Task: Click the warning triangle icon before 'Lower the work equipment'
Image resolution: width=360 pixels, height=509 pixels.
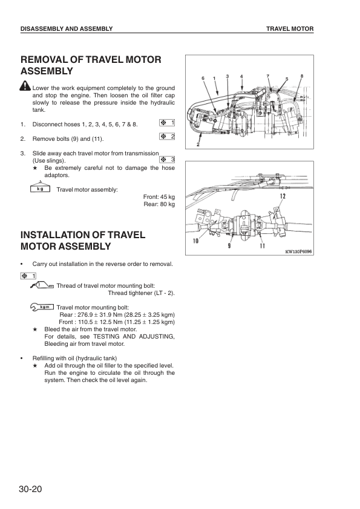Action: click(x=25, y=87)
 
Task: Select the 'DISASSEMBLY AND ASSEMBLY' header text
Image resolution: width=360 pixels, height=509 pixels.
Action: click(x=66, y=29)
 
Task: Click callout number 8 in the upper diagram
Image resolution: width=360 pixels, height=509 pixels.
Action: click(x=301, y=76)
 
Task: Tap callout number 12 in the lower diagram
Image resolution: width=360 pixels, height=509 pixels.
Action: click(x=283, y=196)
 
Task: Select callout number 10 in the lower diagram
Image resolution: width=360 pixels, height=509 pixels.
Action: click(x=195, y=241)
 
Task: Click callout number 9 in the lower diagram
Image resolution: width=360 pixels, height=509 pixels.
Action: click(x=229, y=246)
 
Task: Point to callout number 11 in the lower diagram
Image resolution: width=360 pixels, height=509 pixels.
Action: click(x=262, y=246)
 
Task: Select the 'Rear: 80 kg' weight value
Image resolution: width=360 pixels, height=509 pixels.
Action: click(x=160, y=205)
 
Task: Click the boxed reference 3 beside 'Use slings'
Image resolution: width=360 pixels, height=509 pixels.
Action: click(x=167, y=160)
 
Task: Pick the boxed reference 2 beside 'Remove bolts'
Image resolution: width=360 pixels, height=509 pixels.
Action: click(x=167, y=137)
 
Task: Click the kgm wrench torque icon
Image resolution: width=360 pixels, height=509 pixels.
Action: click(x=42, y=307)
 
